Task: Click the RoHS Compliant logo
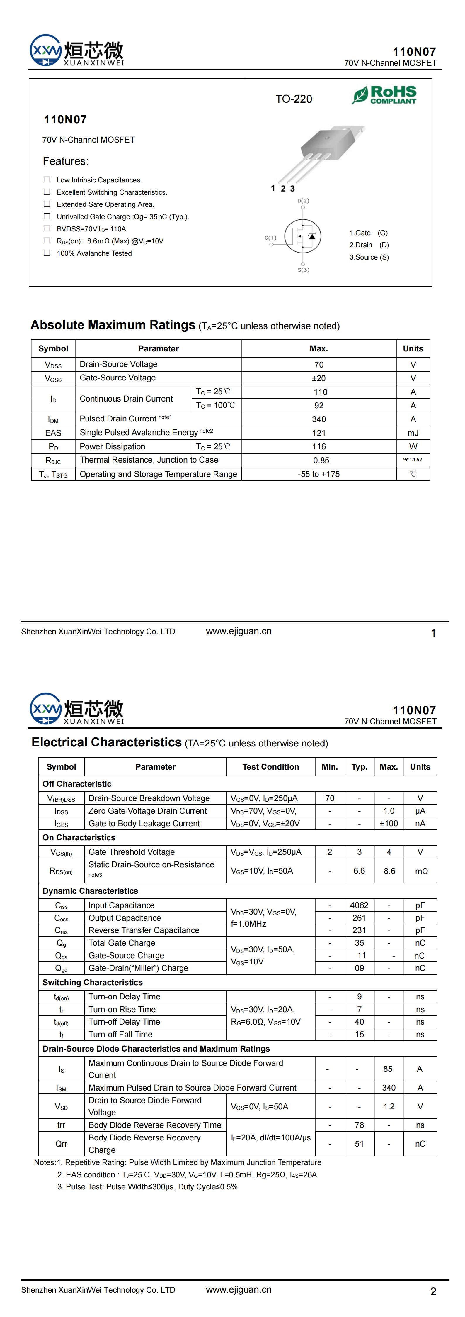tap(384, 94)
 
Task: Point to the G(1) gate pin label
tap(270, 238)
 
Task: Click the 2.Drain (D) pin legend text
tap(369, 245)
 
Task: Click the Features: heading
tap(65, 162)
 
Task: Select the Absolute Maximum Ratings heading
tap(113, 325)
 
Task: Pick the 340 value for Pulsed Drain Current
tap(319, 419)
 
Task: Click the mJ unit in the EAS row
tap(413, 433)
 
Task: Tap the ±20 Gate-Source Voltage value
tap(319, 378)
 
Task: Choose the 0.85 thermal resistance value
tap(321, 460)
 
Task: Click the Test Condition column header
tap(270, 767)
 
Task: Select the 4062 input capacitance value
tap(359, 905)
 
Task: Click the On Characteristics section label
tap(79, 837)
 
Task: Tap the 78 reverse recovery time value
tap(359, 1125)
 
